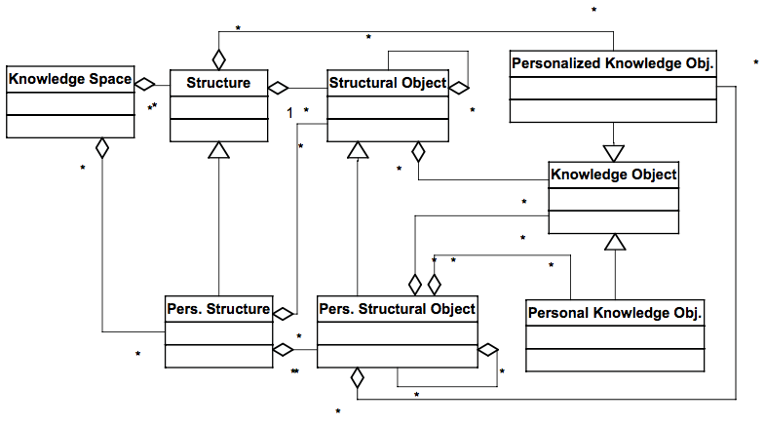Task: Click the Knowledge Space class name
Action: [x=69, y=79]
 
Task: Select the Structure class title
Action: [x=218, y=83]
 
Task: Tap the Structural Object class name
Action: [x=387, y=83]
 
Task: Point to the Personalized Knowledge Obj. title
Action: [x=613, y=64]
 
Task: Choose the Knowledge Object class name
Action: [x=613, y=175]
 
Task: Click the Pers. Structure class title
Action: [x=217, y=309]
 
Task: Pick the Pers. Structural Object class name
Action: [x=397, y=309]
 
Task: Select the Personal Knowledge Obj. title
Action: [x=614, y=314]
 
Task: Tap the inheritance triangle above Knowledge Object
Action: [x=613, y=152]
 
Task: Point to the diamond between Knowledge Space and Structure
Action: [x=146, y=83]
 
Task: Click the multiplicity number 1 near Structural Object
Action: [x=289, y=113]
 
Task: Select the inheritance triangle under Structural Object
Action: [x=359, y=151]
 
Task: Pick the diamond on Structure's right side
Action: [x=279, y=85]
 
